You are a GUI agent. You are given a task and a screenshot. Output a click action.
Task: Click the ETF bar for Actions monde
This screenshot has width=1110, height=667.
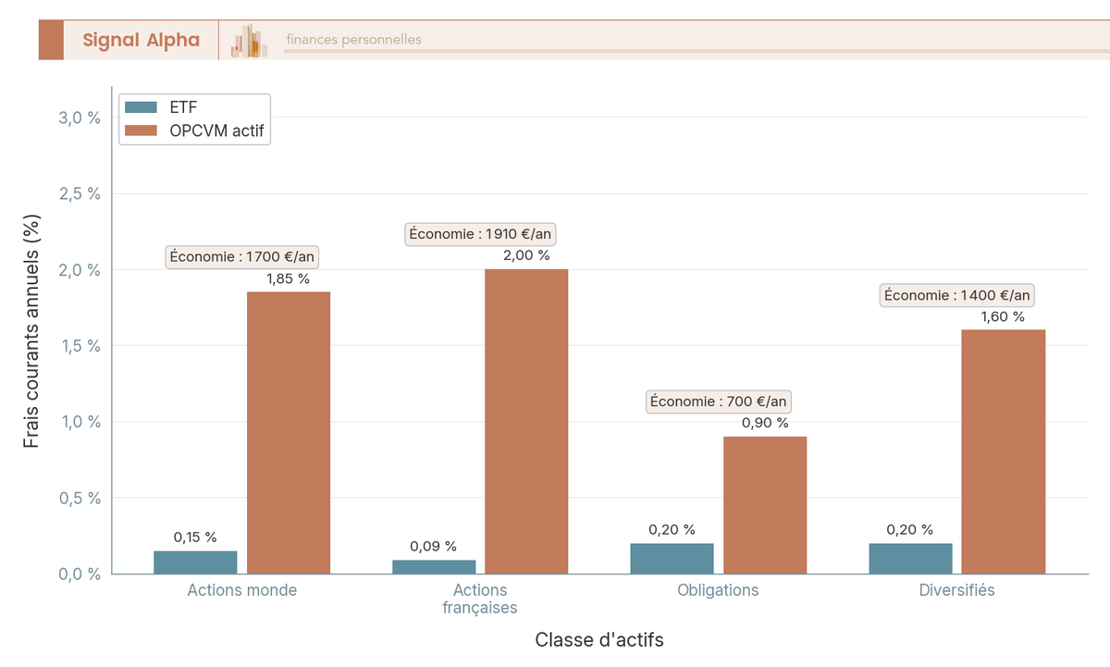[195, 562]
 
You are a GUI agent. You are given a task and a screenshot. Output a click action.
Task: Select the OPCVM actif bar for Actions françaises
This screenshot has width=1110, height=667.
[526, 422]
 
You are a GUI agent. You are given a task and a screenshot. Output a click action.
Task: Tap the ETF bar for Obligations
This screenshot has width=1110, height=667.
[672, 559]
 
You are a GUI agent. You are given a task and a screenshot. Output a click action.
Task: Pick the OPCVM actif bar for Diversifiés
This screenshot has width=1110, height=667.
[1003, 451]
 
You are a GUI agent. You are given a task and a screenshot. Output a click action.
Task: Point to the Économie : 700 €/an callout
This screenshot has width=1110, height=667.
[719, 401]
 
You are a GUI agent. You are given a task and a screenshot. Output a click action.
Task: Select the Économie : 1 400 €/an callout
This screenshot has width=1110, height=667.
[956, 295]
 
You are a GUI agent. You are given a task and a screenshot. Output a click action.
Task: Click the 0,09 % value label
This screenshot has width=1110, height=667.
[433, 546]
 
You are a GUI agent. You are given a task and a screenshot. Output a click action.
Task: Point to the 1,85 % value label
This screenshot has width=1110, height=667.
[288, 278]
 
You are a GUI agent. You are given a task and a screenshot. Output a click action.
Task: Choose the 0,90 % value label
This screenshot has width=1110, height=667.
[765, 423]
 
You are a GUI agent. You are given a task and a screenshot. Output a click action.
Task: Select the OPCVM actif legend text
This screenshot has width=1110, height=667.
[216, 131]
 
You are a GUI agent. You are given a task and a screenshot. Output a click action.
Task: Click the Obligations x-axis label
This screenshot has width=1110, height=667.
[718, 590]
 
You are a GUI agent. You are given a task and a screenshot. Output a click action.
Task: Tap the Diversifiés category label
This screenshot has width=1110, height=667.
[956, 590]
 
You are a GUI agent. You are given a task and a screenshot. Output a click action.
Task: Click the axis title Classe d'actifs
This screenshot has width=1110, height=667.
[599, 640]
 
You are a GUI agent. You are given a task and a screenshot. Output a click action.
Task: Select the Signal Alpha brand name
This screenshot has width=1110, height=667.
[141, 40]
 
